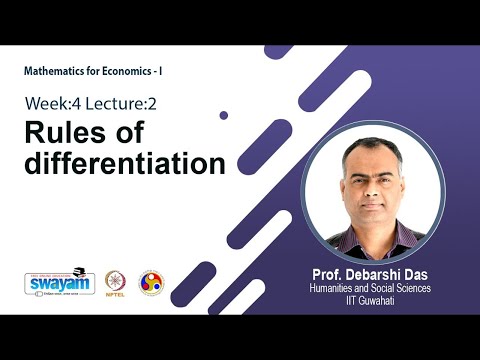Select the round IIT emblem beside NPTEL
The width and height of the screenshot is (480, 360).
click(150, 282)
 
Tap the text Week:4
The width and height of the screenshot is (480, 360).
click(56, 104)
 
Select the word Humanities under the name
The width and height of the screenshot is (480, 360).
click(338, 287)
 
